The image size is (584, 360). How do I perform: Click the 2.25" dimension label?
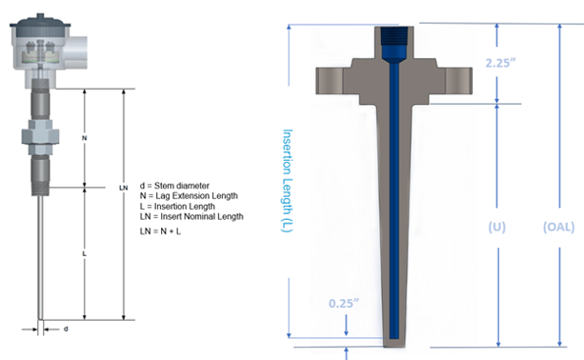coord(500,63)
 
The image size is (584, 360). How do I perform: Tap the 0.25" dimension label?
coord(343,304)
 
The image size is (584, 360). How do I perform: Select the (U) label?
coord(497,227)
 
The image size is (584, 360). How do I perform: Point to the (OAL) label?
coord(558,227)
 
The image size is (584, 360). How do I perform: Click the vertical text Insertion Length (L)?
coord(288,181)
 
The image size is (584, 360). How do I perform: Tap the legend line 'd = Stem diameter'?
coord(174,186)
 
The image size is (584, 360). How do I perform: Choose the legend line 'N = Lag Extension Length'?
coord(189,196)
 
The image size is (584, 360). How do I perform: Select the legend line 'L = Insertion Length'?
coord(177,207)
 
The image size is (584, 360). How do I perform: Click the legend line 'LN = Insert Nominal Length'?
coord(191,216)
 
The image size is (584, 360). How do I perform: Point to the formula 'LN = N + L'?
coord(160,231)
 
